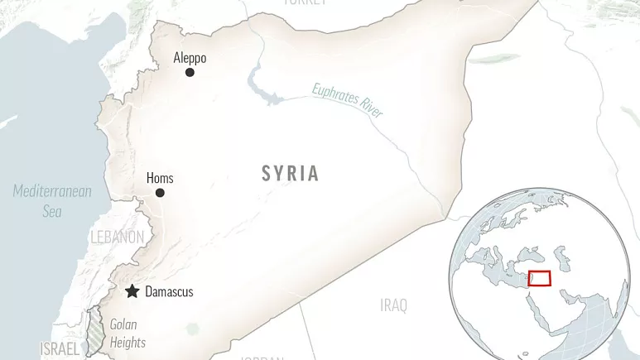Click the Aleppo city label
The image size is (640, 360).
click(190, 58)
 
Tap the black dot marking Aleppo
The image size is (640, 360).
click(190, 73)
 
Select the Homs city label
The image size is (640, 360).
click(160, 178)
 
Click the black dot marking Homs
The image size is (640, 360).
click(160, 193)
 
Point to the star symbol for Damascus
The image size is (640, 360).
click(132, 291)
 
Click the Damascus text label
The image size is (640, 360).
click(169, 292)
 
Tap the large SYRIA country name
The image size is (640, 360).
click(290, 173)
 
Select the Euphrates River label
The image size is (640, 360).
click(348, 99)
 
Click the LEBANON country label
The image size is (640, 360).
click(117, 238)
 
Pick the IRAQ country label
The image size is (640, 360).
click(393, 305)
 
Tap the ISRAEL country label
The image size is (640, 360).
click(60, 349)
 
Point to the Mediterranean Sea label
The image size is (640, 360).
click(52, 201)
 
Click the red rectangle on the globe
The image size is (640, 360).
click(539, 279)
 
